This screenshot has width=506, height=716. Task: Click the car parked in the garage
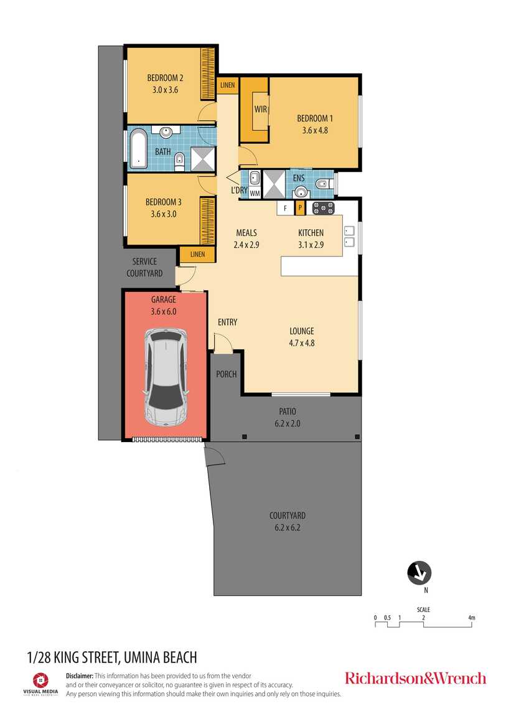pos(166,377)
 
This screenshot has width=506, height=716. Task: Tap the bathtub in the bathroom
pos(138,149)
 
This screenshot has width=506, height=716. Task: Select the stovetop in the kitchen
pos(323,209)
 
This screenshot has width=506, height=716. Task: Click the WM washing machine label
pos(255,194)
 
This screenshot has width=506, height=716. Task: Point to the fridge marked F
pos(286,209)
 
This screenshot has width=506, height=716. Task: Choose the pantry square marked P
pos(300,208)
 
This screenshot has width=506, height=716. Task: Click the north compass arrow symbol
pos(419,573)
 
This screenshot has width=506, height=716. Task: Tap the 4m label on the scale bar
pos(471,618)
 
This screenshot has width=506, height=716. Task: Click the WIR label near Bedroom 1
pos(261,109)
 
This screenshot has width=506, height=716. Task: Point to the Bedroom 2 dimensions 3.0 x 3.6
pos(165,90)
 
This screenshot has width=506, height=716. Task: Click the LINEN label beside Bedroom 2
pos(227,85)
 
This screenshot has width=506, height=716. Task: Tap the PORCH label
pos(227,374)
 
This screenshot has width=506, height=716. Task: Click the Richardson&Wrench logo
pos(415,678)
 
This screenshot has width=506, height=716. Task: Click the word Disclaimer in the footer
pos(80,676)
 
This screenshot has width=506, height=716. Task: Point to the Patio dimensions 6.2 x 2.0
pos(288,423)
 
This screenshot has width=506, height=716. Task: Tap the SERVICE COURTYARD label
pos(144,267)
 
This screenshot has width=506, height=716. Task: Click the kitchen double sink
pos(349,236)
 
